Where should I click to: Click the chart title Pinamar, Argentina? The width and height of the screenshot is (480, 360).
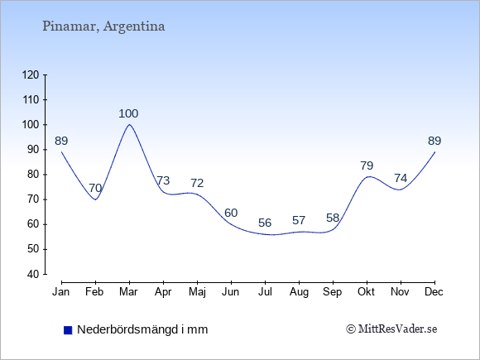tap(103, 26)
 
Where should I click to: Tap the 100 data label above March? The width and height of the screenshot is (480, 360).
tap(128, 114)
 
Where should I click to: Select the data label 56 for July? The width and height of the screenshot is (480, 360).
tap(265, 223)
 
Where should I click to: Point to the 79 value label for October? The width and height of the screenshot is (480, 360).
tap(367, 166)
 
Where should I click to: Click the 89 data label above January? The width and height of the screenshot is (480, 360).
tap(61, 142)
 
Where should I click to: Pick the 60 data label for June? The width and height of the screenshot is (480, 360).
tap(231, 213)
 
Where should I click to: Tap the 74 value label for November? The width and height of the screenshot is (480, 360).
tap(401, 178)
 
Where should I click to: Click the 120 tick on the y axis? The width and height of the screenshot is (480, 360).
tap(31, 75)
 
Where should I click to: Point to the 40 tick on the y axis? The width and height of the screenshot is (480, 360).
tap(33, 274)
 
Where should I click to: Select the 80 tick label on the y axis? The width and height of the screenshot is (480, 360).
tap(33, 175)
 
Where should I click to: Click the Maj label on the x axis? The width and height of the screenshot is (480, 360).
tap(197, 292)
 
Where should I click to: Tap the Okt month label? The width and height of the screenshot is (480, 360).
tap(366, 292)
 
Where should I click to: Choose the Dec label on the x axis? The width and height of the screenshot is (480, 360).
tap(434, 292)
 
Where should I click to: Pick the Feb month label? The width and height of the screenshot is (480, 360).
tap(94, 292)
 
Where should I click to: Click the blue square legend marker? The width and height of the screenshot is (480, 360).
tap(68, 330)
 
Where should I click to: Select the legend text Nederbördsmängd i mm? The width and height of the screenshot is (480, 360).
tap(142, 329)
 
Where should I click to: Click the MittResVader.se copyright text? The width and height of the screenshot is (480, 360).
tap(391, 329)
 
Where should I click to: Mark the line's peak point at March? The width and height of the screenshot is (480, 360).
tap(129, 125)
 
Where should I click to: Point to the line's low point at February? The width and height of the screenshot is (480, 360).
tap(95, 199)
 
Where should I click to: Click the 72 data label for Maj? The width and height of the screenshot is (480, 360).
tap(197, 184)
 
